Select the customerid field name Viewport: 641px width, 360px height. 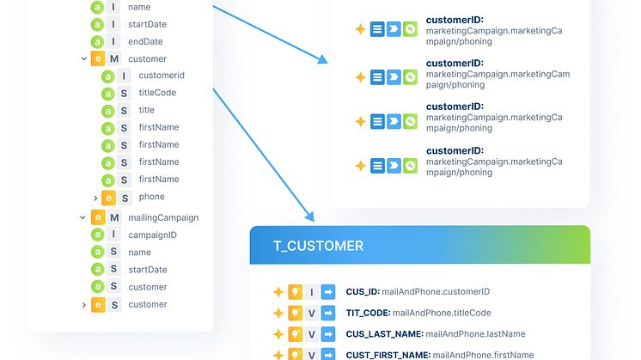pyautogui.click(x=161, y=76)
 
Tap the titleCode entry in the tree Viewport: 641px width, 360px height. pyautogui.click(x=157, y=93)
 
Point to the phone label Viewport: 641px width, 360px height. pyautogui.click(x=151, y=197)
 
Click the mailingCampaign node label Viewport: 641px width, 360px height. pyautogui.click(x=162, y=217)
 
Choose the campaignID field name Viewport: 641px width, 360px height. pyautogui.click(x=152, y=235)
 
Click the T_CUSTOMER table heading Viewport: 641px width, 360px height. pyautogui.click(x=318, y=246)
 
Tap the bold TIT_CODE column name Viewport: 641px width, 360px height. pyautogui.click(x=368, y=313)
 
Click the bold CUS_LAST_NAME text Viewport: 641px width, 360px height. pyautogui.click(x=384, y=333)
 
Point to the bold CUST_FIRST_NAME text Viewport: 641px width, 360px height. pyautogui.click(x=388, y=354)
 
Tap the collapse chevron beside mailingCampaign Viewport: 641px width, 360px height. pyautogui.click(x=83, y=217)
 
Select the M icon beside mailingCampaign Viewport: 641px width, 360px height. pyautogui.click(x=114, y=217)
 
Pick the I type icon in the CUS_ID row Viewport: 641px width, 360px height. pyautogui.click(x=312, y=292)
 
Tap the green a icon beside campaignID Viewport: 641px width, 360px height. pyautogui.click(x=97, y=235)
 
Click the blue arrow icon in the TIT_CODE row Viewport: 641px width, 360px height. pyautogui.click(x=328, y=313)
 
